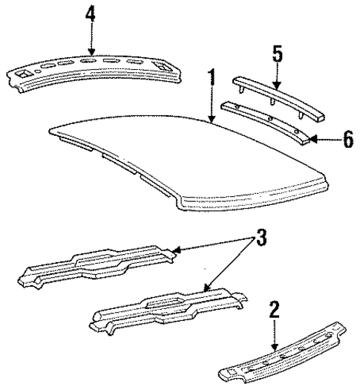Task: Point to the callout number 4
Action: coord(91,15)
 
